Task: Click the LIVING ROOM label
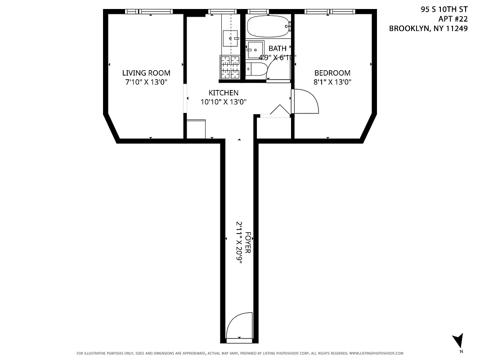coord(146,73)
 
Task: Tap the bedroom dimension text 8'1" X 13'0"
coord(332,82)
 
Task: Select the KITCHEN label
coord(223,93)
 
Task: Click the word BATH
coord(277,48)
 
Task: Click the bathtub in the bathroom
coord(267,27)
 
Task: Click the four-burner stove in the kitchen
coord(230,67)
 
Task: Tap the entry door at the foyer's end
coord(240,326)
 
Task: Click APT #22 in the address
coord(453,18)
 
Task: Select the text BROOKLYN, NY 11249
coord(428,28)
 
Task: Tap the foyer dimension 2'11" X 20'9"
coord(240,246)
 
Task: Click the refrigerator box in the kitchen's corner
coord(196,129)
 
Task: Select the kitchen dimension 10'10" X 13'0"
coord(223,102)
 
